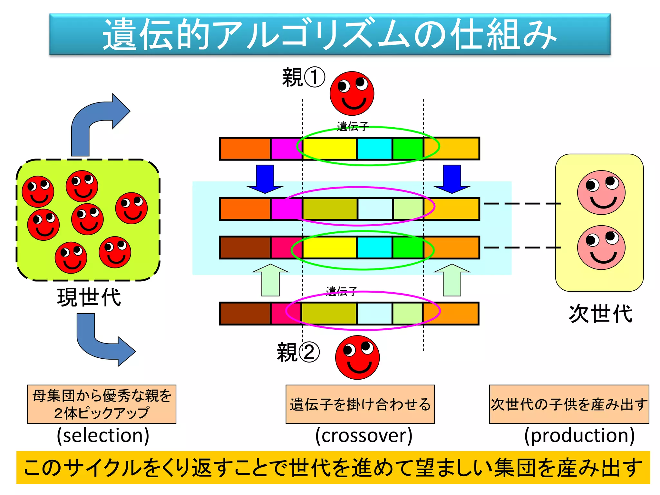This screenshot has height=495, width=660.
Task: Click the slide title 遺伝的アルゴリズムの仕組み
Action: pos(330,34)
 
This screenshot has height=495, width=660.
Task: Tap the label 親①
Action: pos(303,77)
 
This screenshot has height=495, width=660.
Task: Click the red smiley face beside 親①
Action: pos(352,93)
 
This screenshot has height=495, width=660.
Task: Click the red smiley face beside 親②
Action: pos(357,357)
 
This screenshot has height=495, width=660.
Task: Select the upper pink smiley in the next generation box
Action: pos(601,193)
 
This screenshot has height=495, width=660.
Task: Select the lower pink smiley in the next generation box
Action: pos(601,247)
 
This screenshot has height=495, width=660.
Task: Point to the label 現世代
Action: pos(89,297)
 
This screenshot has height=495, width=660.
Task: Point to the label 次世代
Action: pos(601,314)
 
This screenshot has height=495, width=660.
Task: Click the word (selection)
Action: pos(103,435)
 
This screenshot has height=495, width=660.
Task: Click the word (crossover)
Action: pos(364,435)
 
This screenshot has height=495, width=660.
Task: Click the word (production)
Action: pos(579,435)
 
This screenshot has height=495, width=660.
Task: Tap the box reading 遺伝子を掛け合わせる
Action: pos(360,404)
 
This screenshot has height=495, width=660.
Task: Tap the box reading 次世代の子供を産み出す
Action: pos(569,404)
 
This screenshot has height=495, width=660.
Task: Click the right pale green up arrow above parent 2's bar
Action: pos(452,280)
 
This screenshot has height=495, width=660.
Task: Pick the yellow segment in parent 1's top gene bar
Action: pos(329,149)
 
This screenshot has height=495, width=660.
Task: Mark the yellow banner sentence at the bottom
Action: pos(333,468)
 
